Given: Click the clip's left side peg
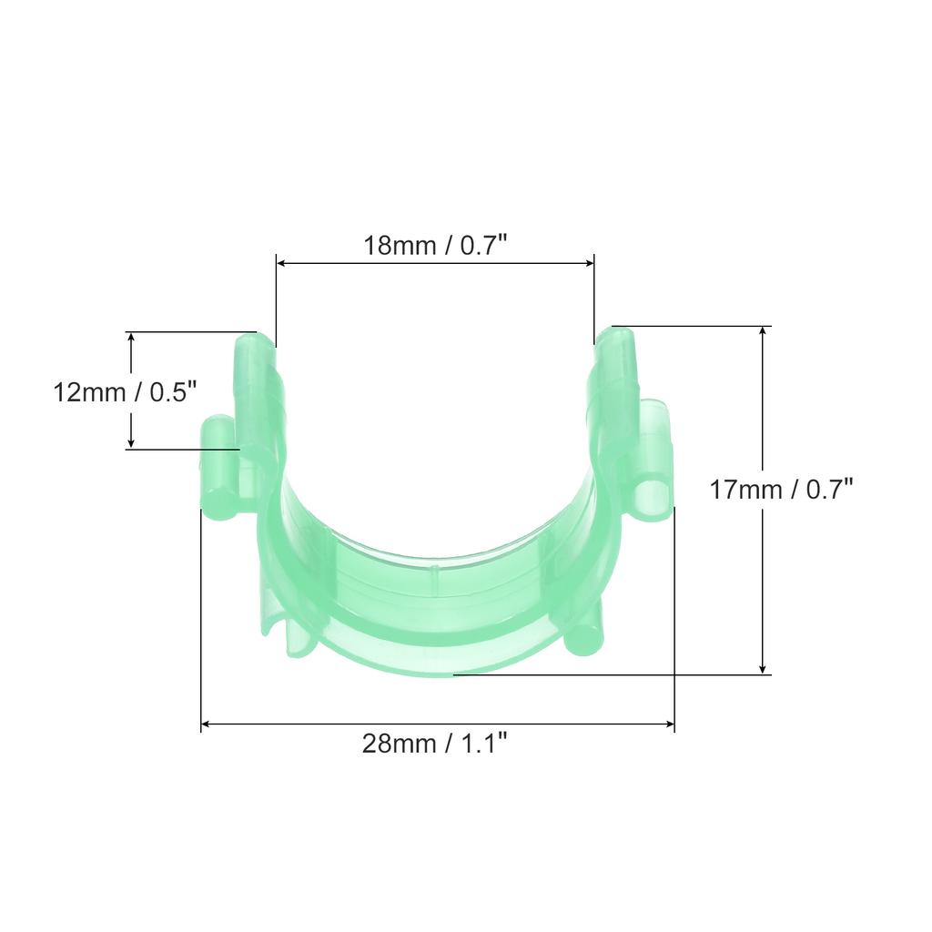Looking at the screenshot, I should click(219, 469).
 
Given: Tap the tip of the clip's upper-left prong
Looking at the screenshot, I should click(254, 344).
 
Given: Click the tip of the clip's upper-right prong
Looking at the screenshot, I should click(615, 337).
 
